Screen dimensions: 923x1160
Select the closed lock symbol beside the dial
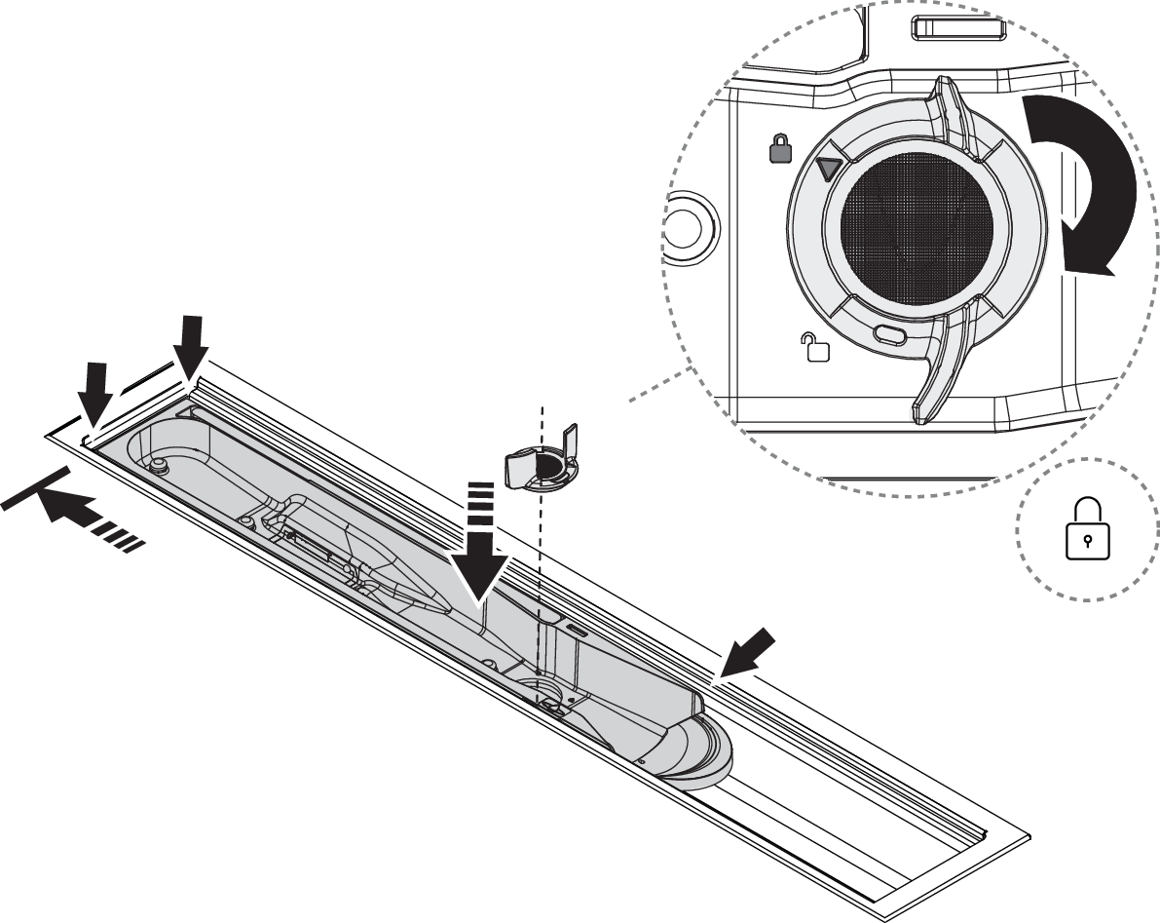click(x=781, y=149)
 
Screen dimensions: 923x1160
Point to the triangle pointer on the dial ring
click(x=829, y=169)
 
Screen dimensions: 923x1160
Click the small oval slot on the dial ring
click(x=890, y=335)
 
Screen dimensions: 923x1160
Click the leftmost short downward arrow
click(x=94, y=396)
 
